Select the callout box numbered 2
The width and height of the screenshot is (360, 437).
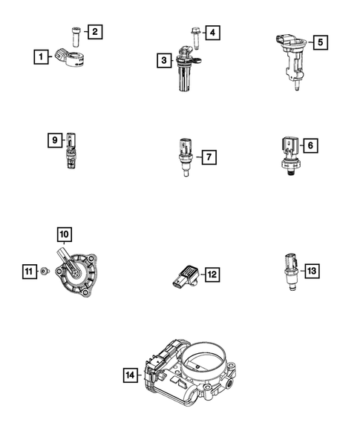click(95, 31)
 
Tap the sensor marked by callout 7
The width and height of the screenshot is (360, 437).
click(182, 155)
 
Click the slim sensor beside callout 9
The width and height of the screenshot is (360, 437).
click(71, 148)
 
